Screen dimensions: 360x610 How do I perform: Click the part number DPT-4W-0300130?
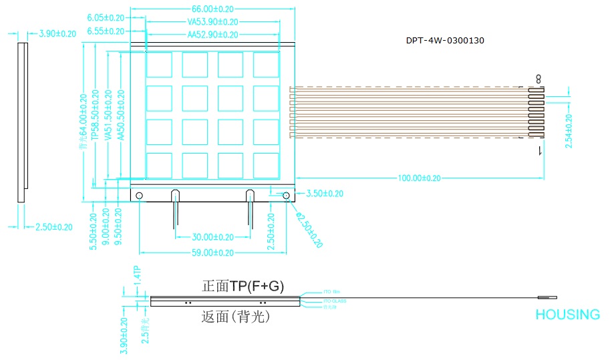tap(445, 41)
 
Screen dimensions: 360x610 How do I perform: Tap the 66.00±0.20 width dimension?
tap(212, 9)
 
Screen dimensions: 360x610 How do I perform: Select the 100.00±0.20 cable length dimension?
tap(419, 178)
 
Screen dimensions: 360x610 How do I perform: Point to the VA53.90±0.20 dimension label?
tap(212, 21)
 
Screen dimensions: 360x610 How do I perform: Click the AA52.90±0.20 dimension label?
tap(212, 35)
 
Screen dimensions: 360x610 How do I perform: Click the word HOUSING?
tap(567, 315)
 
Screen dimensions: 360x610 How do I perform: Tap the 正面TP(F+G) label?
tap(243, 287)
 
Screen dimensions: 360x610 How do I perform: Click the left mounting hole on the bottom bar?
tap(139, 196)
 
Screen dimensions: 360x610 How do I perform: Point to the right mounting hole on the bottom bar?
tap(286, 196)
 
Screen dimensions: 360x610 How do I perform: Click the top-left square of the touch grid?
tap(159, 65)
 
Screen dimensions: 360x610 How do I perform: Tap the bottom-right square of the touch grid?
tap(266, 165)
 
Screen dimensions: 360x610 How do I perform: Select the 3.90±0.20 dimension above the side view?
tap(57, 33)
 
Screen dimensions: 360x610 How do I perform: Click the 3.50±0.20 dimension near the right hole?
tap(324, 194)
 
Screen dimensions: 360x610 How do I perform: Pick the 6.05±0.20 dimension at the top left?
tap(106, 17)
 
